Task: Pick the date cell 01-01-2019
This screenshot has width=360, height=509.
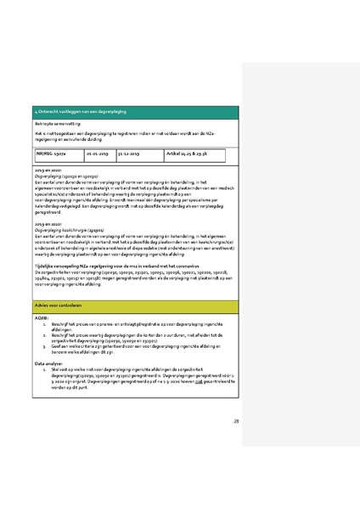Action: tap(98, 154)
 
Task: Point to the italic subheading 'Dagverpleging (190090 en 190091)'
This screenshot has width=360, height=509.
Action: tap(68, 176)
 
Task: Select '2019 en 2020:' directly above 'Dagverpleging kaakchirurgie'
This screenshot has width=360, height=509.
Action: tap(46, 223)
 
